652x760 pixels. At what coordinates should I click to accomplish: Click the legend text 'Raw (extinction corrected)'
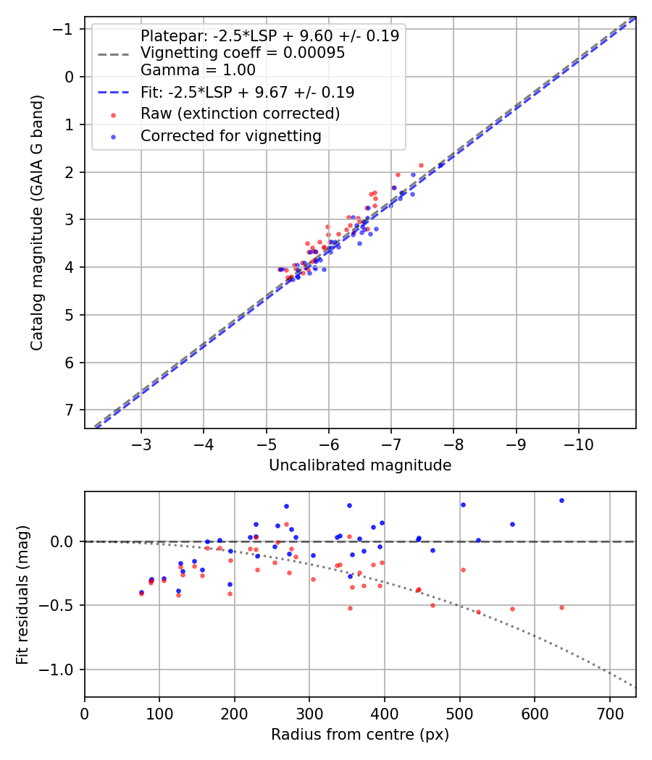pyautogui.click(x=240, y=114)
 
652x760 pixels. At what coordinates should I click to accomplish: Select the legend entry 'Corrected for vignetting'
pyautogui.click(x=230, y=135)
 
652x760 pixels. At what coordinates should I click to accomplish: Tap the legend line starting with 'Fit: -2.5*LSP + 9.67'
pyautogui.click(x=247, y=92)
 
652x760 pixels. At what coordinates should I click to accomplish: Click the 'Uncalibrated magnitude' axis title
pyautogui.click(x=360, y=465)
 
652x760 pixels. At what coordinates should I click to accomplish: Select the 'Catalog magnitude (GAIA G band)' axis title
pyautogui.click(x=37, y=222)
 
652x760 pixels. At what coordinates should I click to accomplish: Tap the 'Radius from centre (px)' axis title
pyautogui.click(x=360, y=735)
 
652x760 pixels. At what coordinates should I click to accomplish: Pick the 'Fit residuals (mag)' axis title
pyautogui.click(x=22, y=594)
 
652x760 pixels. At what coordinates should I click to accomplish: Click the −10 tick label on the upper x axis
pyautogui.click(x=579, y=444)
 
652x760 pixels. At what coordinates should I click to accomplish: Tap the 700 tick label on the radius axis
pyautogui.click(x=609, y=713)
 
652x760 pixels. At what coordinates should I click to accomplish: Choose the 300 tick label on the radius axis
pyautogui.click(x=309, y=713)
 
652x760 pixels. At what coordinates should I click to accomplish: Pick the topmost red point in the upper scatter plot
pyautogui.click(x=421, y=165)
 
